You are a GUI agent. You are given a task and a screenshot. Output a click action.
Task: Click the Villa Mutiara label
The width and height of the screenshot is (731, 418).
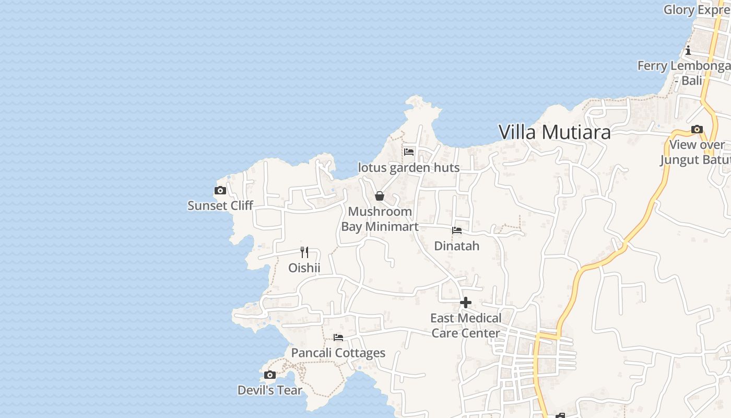(x=555, y=132)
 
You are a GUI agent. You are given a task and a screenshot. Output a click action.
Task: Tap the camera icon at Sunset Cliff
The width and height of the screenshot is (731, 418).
(x=220, y=191)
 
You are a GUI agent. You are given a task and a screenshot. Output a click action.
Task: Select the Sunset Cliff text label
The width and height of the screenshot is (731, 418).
(x=220, y=205)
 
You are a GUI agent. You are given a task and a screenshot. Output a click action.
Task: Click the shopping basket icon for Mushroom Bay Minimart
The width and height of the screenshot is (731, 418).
(x=380, y=196)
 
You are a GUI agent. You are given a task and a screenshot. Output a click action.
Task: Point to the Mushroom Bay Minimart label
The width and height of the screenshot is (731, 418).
(x=380, y=219)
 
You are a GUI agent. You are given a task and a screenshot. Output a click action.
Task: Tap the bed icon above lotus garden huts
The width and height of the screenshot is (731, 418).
(x=409, y=152)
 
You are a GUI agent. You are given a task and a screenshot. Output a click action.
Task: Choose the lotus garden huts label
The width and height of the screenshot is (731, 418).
(x=409, y=168)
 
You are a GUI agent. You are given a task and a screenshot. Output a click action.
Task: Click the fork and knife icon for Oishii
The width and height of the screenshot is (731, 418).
(x=304, y=252)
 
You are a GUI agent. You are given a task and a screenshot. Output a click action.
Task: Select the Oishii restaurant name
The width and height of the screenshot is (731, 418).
(x=304, y=268)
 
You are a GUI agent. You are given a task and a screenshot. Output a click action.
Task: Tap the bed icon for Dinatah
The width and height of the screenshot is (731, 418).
(x=457, y=230)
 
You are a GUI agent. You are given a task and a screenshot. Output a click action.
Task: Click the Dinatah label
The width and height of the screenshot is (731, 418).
(x=457, y=246)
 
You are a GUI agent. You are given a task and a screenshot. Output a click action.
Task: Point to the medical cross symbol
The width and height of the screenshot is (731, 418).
(x=466, y=303)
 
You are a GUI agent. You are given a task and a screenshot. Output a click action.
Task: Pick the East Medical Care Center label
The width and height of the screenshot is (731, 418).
(x=466, y=326)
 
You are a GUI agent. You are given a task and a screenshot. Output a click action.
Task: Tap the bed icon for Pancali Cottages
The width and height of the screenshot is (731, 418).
(x=338, y=338)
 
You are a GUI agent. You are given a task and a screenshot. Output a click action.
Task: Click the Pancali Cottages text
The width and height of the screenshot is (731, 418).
(x=338, y=353)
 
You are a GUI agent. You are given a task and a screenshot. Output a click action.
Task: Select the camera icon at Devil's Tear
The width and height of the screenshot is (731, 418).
(x=270, y=375)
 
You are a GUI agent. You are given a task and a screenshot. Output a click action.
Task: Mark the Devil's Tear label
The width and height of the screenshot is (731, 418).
(x=270, y=390)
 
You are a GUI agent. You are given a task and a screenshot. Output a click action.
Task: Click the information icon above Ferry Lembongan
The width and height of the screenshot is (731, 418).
(x=688, y=51)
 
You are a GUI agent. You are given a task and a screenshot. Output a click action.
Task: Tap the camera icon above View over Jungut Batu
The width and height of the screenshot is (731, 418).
(x=697, y=130)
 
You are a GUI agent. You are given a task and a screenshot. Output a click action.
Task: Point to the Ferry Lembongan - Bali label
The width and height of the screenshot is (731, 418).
(x=684, y=73)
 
